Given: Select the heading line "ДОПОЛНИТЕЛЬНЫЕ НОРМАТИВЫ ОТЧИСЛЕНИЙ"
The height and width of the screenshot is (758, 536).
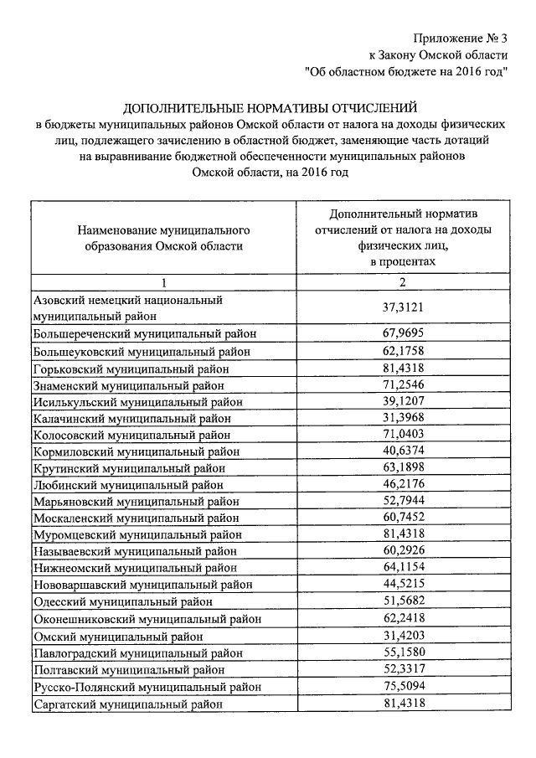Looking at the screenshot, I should pos(269,109).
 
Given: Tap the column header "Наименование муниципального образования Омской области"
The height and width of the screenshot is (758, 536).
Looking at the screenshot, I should pos(163,237).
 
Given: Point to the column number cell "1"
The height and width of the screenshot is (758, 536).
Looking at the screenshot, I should pos(164,282).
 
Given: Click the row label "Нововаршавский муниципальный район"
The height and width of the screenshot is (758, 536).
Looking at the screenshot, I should pos(141,584).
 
